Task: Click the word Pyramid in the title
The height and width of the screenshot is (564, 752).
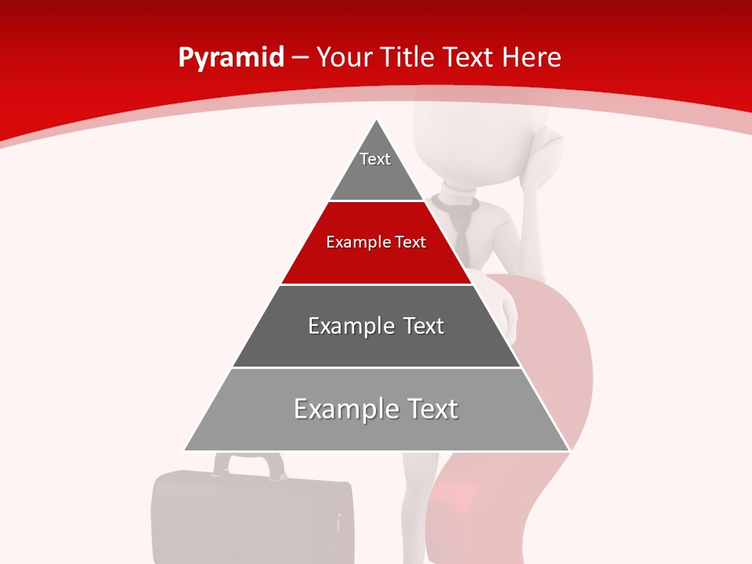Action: coord(231,58)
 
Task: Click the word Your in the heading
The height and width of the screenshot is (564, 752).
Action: coord(345,57)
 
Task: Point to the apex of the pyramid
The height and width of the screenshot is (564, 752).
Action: coord(377,121)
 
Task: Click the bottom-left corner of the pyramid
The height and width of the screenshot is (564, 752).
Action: coord(186,450)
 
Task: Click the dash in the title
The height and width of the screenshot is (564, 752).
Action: coord(300,58)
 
